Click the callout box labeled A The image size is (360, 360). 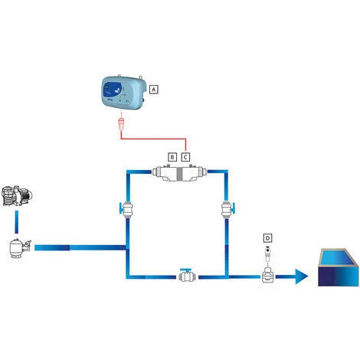[154, 89]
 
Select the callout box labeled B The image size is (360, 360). [172, 156]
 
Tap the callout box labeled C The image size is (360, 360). [185, 156]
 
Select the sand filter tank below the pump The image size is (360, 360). [17, 248]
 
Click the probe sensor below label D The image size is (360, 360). [267, 254]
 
